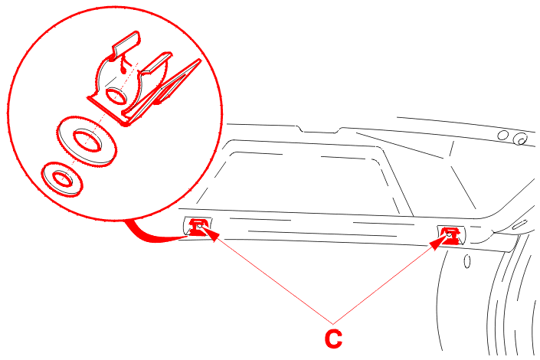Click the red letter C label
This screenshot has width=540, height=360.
(333, 339)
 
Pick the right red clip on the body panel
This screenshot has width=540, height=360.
(450, 235)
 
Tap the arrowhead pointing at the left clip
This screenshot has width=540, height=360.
(211, 234)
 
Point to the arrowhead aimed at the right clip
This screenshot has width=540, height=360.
(438, 243)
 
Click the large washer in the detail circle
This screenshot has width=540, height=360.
(87, 141)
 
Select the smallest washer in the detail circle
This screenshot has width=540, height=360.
(62, 179)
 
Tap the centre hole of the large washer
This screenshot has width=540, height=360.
(88, 140)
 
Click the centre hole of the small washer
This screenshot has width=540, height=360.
(62, 178)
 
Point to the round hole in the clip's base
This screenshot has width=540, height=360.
(116, 96)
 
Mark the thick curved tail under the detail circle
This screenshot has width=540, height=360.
(152, 234)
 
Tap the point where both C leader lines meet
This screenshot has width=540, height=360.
(333, 324)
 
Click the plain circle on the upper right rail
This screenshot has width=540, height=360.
(502, 135)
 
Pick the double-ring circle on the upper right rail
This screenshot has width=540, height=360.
(520, 139)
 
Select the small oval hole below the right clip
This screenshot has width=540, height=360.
(467, 260)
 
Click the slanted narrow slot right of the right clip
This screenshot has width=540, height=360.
(519, 224)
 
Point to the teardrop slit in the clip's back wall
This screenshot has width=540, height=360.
(123, 67)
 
